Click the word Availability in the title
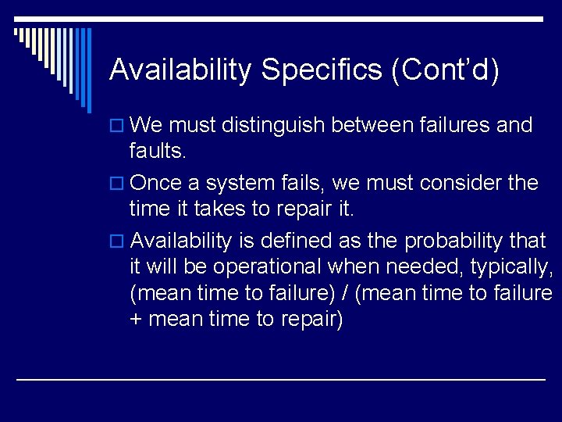pos(180,70)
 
